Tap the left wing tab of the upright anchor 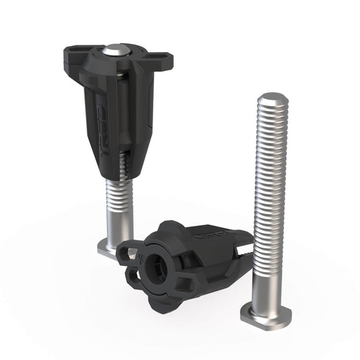(76, 52)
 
